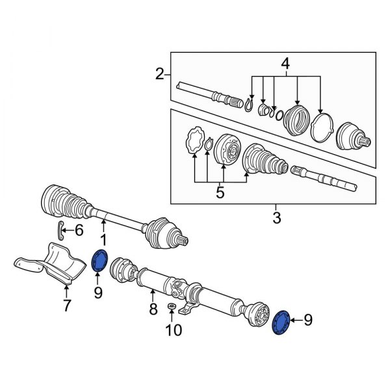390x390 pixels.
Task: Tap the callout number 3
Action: [276, 218]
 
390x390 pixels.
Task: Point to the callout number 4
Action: [284, 64]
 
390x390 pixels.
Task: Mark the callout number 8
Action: [153, 310]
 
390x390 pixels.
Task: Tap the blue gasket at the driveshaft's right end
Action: [283, 322]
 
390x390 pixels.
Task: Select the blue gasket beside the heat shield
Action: [100, 261]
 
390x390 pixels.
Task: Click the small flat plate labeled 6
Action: [60, 229]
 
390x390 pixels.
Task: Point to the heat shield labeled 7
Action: [55, 265]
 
